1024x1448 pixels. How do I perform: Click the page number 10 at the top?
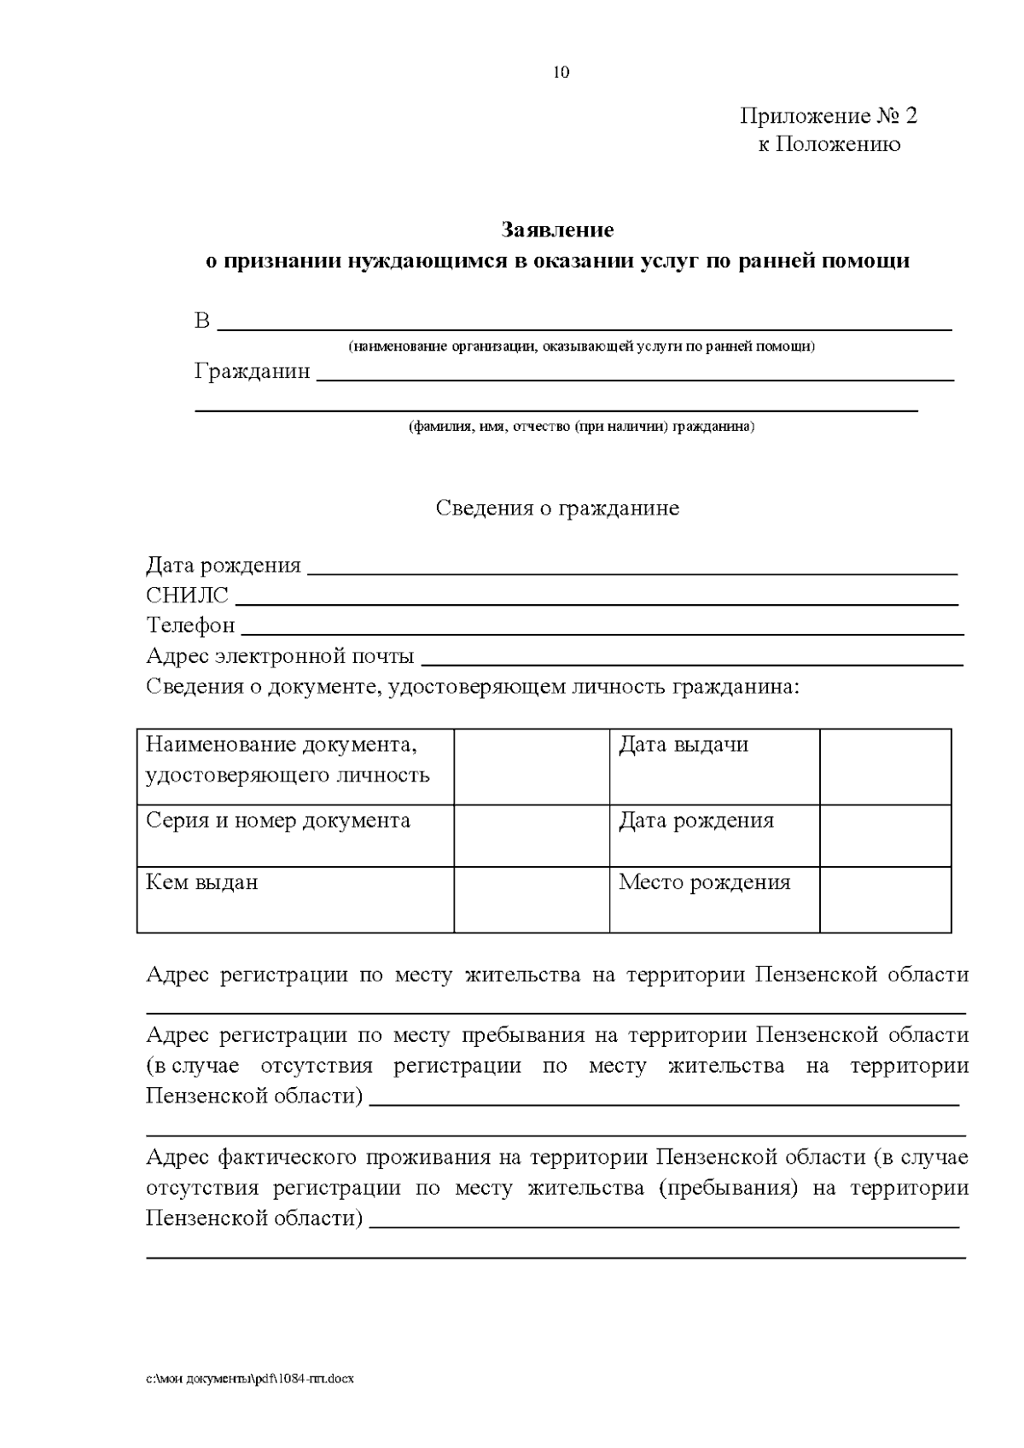tap(561, 73)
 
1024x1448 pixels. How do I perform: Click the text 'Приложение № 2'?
tap(828, 115)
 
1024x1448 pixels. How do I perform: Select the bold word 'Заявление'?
tap(557, 230)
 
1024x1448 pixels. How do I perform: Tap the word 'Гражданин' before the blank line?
tap(252, 372)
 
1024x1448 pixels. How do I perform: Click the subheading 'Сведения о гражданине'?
tap(557, 508)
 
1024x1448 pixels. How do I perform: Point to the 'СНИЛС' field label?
tap(187, 595)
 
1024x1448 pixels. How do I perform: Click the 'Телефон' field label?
tap(190, 625)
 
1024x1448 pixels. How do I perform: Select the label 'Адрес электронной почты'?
tap(280, 656)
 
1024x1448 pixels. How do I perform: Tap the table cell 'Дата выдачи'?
tap(683, 745)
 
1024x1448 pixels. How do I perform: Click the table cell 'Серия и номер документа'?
tap(278, 821)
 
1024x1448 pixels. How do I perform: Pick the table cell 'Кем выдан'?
tap(202, 882)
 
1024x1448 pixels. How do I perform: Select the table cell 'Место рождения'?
tap(704, 882)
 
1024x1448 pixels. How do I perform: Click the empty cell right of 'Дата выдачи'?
tap(885, 765)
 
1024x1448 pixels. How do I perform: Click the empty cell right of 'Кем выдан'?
tap(531, 898)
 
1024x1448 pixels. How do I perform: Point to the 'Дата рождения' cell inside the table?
tap(695, 821)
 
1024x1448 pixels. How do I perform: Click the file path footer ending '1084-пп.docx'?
tap(249, 1378)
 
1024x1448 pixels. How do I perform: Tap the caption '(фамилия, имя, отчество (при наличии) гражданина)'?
tap(581, 426)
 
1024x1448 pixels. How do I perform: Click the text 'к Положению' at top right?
tap(829, 144)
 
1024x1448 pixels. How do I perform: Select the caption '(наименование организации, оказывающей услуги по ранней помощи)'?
tap(581, 346)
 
